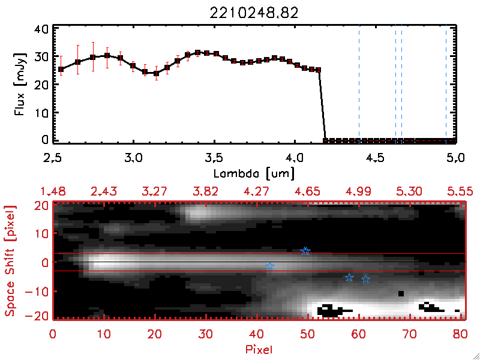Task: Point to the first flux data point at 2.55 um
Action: point(61,70)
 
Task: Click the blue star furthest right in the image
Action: point(365,280)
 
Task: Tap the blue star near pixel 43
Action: point(270,266)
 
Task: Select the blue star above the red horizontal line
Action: point(305,251)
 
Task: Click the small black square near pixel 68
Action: point(401,293)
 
